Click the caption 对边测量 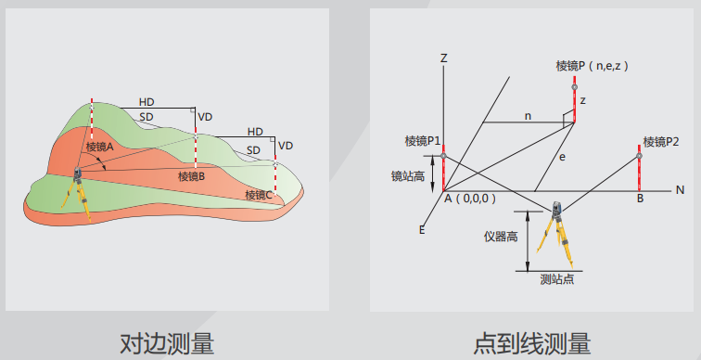pyautogui.click(x=167, y=343)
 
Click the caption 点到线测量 pyautogui.click(x=532, y=343)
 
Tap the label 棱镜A pyautogui.click(x=100, y=147)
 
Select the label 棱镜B pyautogui.click(x=191, y=176)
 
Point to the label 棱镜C pyautogui.click(x=259, y=195)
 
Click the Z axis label pyautogui.click(x=443, y=58)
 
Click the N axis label pyautogui.click(x=680, y=190)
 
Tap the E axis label pyautogui.click(x=422, y=230)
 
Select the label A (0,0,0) pyautogui.click(x=470, y=199)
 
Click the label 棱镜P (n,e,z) pyautogui.click(x=593, y=66)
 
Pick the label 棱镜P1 pyautogui.click(x=423, y=141)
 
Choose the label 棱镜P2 pyautogui.click(x=661, y=142)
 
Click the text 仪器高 pyautogui.click(x=501, y=237)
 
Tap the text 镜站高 pyautogui.click(x=408, y=176)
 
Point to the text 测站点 pyautogui.click(x=557, y=279)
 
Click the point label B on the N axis pyautogui.click(x=640, y=199)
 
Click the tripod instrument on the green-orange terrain pyautogui.click(x=77, y=193)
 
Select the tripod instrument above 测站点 pyautogui.click(x=555, y=234)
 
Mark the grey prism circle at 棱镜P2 pyautogui.click(x=639, y=156)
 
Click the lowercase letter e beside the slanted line pyautogui.click(x=562, y=157)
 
